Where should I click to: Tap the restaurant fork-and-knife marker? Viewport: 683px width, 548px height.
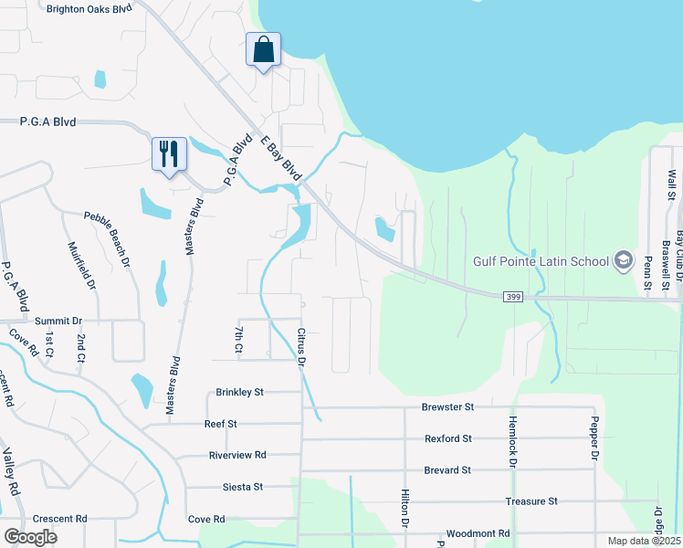[x=169, y=154]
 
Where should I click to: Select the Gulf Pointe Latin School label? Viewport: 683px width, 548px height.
[x=541, y=261]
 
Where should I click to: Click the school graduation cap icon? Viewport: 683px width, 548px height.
[x=624, y=261]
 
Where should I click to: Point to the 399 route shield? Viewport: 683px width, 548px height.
[x=512, y=297]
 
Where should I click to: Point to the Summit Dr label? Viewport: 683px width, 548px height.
[x=58, y=321]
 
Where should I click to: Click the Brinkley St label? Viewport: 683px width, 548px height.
[x=239, y=392]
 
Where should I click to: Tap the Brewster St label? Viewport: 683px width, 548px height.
[x=448, y=406]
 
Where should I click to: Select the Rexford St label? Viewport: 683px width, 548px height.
[x=448, y=438]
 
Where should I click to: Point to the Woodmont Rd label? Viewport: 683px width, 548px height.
[x=478, y=533]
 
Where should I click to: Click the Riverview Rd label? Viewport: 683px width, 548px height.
[x=237, y=455]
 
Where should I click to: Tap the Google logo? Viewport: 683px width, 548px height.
[x=30, y=537]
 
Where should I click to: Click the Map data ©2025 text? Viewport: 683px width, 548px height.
[x=644, y=541]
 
